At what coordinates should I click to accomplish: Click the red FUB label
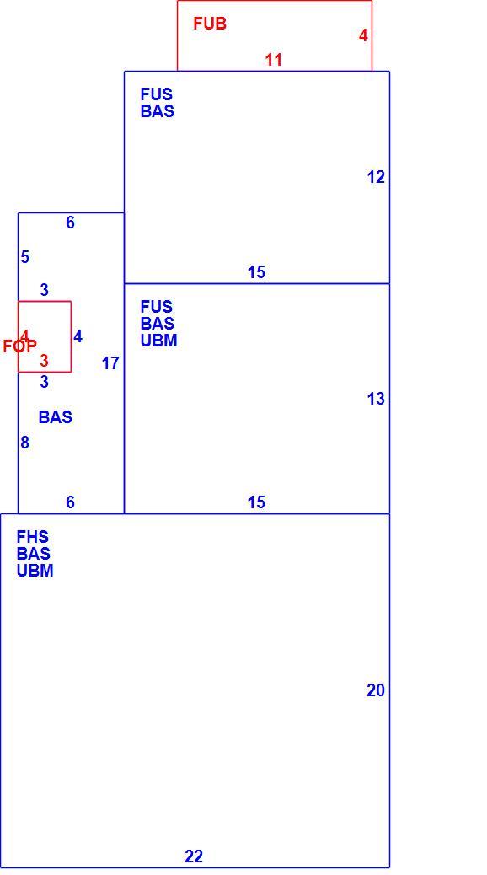[210, 24]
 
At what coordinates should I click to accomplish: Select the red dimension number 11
[273, 60]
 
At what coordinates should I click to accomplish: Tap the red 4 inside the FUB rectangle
[363, 35]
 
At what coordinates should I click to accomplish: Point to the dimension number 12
[376, 178]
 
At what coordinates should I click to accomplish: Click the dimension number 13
[376, 399]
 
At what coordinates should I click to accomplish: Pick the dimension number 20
[376, 691]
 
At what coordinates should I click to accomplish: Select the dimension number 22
[194, 856]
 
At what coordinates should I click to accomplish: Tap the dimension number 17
[110, 363]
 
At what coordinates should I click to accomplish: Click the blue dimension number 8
[24, 443]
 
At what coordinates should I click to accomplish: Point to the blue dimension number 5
[24, 257]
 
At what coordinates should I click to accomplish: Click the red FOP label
[20, 346]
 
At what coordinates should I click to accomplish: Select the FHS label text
[32, 537]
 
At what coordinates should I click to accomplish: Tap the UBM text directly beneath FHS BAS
[35, 571]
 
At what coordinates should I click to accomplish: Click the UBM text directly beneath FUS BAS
[158, 341]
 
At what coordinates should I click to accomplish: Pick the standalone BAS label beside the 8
[56, 417]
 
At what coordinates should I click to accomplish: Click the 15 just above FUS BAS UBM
[256, 272]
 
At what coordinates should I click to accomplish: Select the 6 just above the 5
[70, 223]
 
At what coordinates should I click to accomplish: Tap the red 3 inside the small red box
[44, 361]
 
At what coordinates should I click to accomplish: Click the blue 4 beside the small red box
[78, 336]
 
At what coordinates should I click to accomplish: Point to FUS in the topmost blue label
[156, 94]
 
